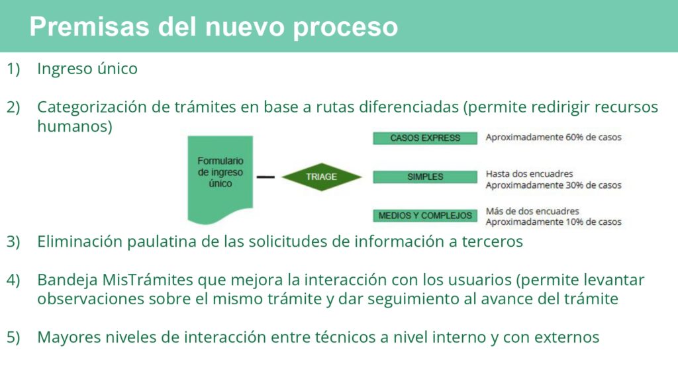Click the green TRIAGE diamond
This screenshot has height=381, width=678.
tap(321, 177)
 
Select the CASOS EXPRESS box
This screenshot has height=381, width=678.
tap(425, 138)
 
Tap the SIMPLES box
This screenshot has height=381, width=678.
tap(425, 177)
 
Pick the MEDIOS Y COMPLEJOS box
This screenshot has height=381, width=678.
tap(425, 216)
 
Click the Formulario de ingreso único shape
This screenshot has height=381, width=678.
tap(220, 177)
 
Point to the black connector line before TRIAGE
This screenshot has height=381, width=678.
tap(266, 177)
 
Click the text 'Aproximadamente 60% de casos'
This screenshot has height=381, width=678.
tap(554, 138)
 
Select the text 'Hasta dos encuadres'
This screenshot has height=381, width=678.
tap(529, 174)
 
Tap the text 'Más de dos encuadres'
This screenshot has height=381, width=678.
tap(532, 211)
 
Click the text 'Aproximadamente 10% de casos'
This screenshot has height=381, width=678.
tap(554, 222)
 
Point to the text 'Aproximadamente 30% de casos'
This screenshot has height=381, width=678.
tap(554, 185)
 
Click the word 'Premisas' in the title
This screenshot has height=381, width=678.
tap(90, 26)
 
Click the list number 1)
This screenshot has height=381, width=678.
tap(13, 69)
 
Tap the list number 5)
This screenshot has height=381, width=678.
tap(13, 337)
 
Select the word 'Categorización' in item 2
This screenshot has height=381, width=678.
tap(92, 107)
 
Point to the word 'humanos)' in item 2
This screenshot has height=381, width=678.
tap(75, 126)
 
